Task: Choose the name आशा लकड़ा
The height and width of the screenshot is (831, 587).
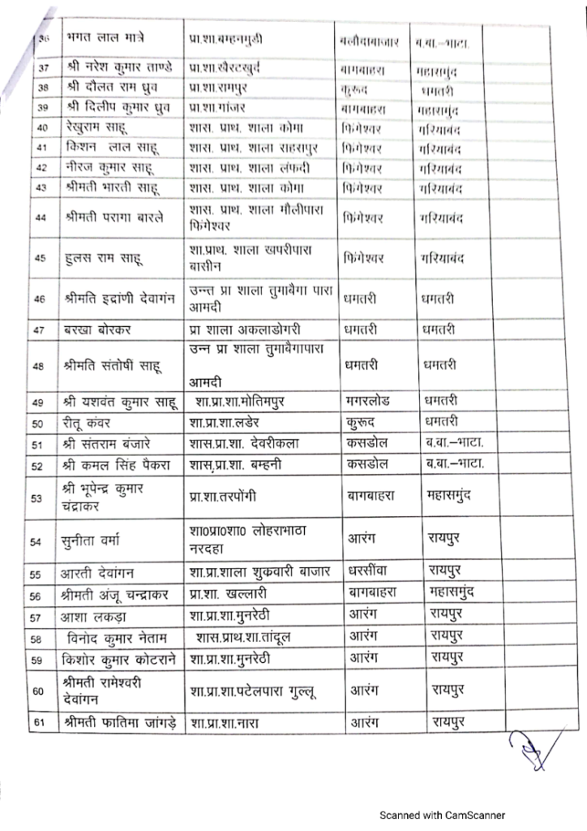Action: click(x=100, y=617)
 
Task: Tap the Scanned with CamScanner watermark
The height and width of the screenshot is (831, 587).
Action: click(x=444, y=815)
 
